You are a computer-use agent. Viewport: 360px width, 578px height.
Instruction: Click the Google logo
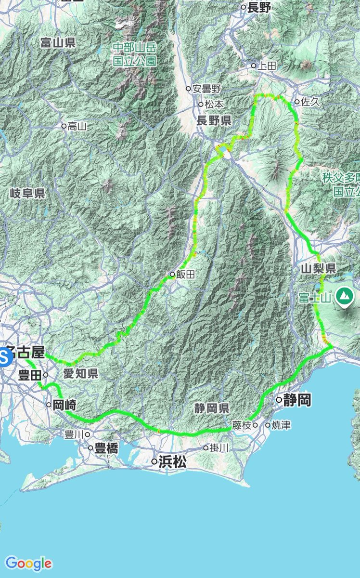click(28, 563)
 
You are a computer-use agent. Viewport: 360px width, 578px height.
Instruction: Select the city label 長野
click(260, 7)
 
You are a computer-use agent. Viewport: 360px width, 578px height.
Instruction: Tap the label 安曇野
click(206, 89)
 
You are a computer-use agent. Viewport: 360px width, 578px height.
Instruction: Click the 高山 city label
click(77, 126)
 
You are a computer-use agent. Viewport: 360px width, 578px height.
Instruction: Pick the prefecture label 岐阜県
click(27, 194)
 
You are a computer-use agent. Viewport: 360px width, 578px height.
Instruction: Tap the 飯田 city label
click(184, 275)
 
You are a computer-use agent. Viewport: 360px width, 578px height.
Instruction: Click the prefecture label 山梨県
click(318, 269)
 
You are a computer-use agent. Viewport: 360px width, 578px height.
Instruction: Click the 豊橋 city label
click(106, 448)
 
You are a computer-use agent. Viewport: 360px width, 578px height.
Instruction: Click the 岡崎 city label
click(64, 405)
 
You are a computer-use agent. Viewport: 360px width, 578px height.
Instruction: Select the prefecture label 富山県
click(58, 43)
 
